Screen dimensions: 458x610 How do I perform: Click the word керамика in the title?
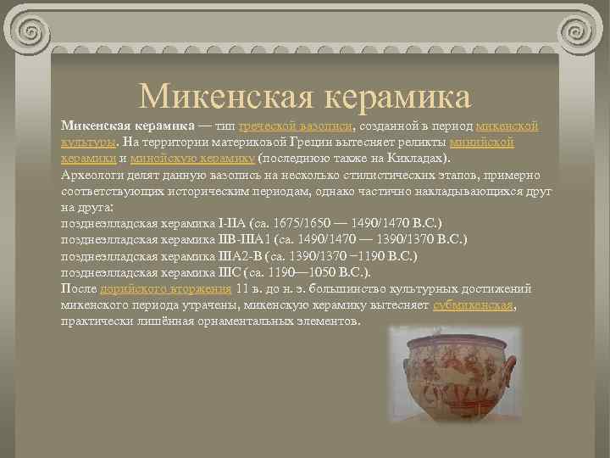coord(394,97)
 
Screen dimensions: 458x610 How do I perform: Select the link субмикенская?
coord(474,305)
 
